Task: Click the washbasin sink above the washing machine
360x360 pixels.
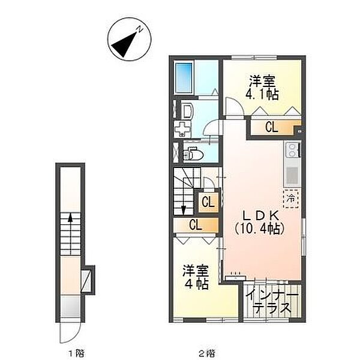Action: (x=184, y=110)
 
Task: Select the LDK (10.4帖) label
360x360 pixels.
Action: (x=259, y=221)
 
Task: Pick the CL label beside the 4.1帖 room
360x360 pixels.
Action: (x=271, y=127)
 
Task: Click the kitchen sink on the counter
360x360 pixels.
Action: (x=292, y=175)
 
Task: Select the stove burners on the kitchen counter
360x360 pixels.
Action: (x=292, y=149)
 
